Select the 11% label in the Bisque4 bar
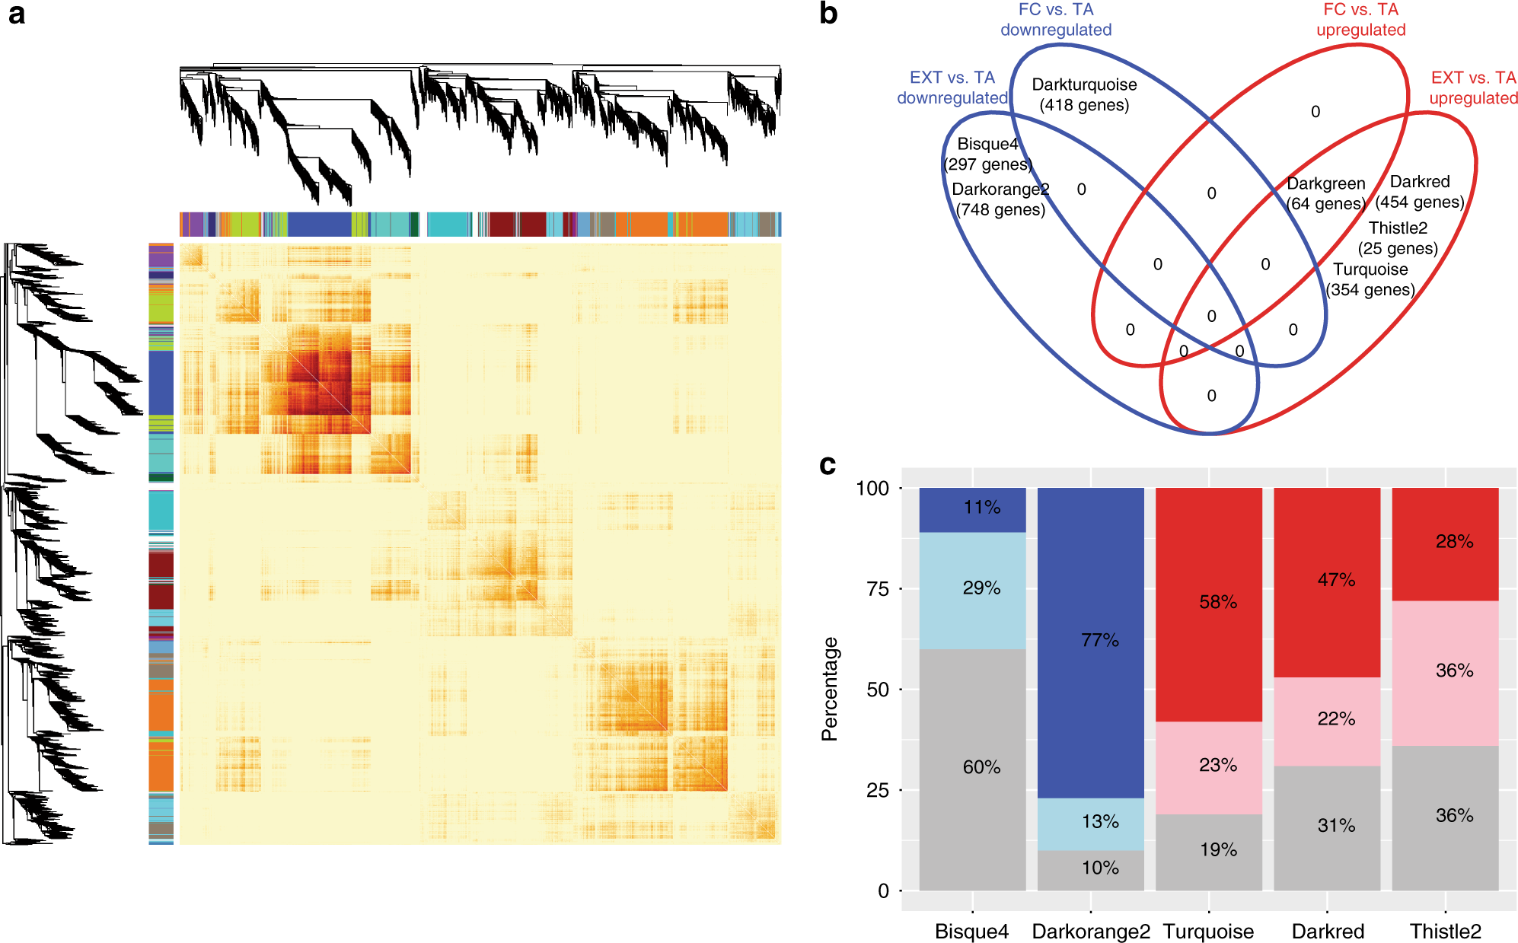point(981,508)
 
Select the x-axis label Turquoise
point(1208,932)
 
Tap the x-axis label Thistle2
point(1445,932)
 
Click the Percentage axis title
point(829,689)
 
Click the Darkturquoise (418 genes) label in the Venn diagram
point(1084,95)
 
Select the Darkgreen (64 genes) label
point(1325,194)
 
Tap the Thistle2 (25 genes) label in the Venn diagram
point(1398,238)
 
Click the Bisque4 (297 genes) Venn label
point(987,155)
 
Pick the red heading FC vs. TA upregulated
point(1360,20)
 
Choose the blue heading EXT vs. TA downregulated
point(952,88)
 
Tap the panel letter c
point(828,464)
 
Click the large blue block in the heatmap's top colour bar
point(319,225)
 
